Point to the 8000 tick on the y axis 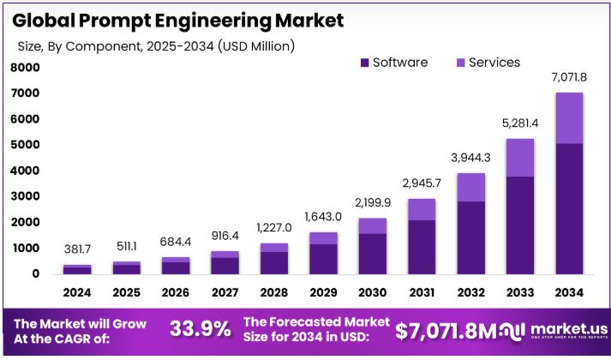pos(25,67)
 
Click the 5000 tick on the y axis pos(25,145)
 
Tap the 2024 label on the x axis pos(76,293)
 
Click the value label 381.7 pos(76,249)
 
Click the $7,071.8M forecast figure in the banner pos(445,330)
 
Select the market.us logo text pos(569,327)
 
